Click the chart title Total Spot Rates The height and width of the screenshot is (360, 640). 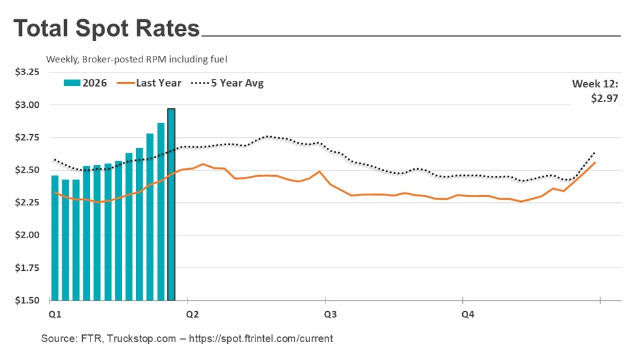point(107,29)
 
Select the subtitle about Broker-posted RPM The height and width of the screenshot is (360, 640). point(137,59)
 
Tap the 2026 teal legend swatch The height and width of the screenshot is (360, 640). point(71,83)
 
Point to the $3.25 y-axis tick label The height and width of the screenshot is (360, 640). point(27,72)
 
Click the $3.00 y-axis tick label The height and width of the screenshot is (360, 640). point(27,105)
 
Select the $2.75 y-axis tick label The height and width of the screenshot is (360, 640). point(27,137)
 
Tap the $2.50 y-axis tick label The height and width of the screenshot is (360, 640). point(27,170)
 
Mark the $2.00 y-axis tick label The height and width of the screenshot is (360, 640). point(27,235)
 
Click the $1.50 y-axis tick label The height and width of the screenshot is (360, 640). point(27,300)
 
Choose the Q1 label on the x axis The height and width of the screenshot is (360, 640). point(55,314)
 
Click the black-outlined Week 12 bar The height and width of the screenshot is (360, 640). point(171,205)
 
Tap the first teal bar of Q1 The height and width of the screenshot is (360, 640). point(55,237)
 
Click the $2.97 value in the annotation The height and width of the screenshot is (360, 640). point(603,98)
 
